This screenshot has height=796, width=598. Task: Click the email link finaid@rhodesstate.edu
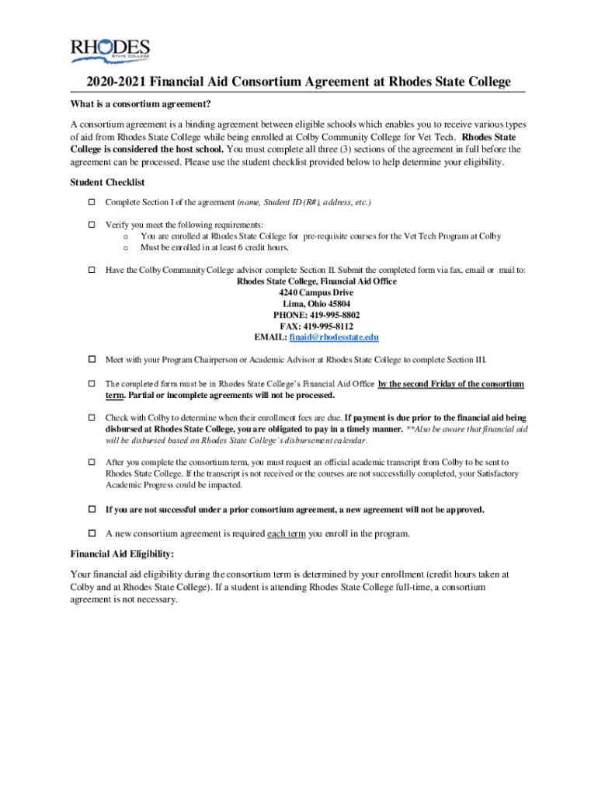tap(334, 337)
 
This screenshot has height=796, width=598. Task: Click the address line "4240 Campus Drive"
tap(316, 292)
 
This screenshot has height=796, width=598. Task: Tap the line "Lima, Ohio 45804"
tap(316, 304)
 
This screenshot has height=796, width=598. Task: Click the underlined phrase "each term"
tap(287, 534)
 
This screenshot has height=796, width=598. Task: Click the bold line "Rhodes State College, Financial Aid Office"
tap(316, 281)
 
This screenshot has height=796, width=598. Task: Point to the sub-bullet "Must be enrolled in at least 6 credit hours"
tap(214, 247)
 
